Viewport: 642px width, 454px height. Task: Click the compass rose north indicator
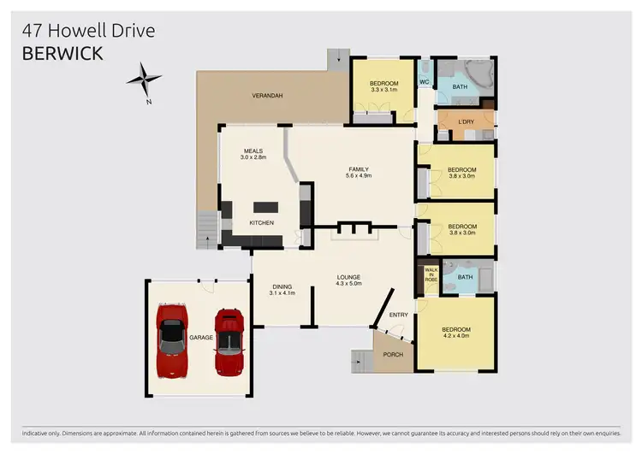(145, 80)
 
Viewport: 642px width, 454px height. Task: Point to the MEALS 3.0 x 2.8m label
(253, 155)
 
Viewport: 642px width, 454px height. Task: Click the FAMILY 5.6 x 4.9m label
(359, 172)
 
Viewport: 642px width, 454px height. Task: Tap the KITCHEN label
(261, 223)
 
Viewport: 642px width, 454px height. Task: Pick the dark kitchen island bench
(266, 206)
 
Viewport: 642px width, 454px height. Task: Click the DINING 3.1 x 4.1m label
(282, 290)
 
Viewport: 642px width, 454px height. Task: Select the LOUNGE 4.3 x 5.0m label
(348, 280)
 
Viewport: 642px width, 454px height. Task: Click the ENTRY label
(399, 315)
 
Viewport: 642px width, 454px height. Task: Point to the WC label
(424, 82)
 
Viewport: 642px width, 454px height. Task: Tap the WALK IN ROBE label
(431, 274)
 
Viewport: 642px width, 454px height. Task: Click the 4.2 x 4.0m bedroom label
(456, 333)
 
